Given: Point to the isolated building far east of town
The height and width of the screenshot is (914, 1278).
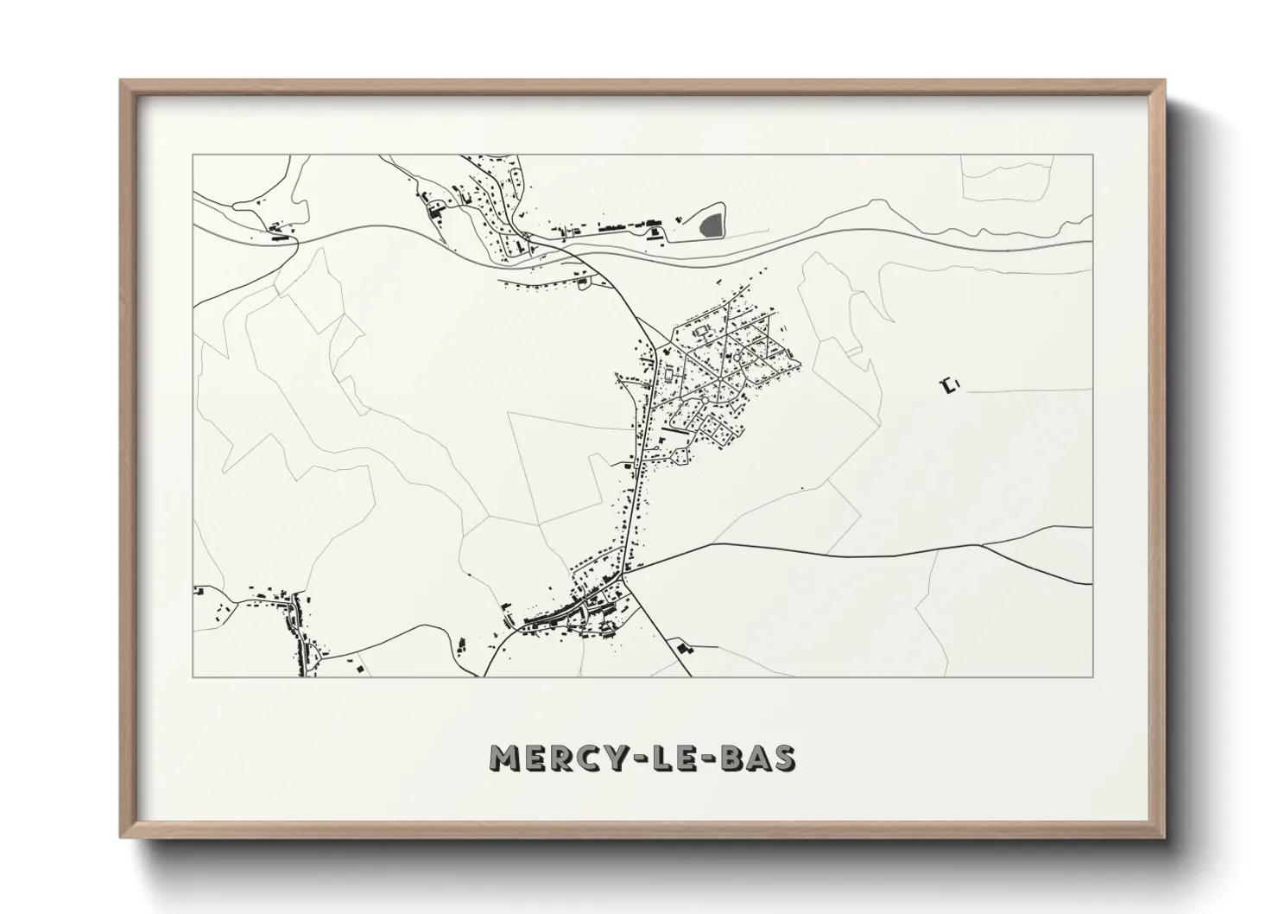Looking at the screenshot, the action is pos(951,385).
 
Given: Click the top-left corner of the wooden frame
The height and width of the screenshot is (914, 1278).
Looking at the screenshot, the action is pos(121,80).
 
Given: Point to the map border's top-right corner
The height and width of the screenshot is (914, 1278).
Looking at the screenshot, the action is pos(1092,155).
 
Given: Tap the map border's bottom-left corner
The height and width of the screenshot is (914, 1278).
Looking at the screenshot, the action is pos(193,676).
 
